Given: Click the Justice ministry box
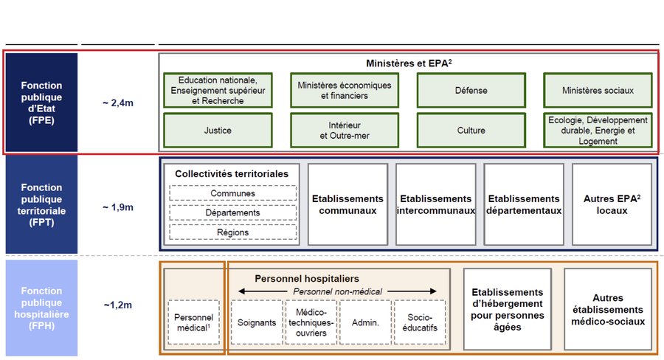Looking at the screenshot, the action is point(218,131).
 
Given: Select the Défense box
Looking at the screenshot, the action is point(471,90).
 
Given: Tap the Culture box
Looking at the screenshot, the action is point(471,131).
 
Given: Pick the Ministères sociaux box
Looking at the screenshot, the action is point(598,90).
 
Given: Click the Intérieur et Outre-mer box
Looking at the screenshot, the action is point(345,131).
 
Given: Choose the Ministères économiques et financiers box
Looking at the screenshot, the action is point(345,90).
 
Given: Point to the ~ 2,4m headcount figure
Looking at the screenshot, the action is point(118,103).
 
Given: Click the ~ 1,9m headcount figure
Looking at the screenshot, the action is point(118,207).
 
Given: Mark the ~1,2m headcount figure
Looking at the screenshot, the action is point(118,305).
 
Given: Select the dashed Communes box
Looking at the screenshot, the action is point(233,193).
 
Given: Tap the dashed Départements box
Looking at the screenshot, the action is point(233,212).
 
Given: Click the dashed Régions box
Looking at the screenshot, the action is point(233,232).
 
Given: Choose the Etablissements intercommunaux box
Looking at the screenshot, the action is point(436,204).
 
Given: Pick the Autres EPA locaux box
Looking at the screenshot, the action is point(612,204).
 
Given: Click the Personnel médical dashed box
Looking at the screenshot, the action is point(193,322).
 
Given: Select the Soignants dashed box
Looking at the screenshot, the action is point(257,322).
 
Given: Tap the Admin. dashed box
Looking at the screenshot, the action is point(365,322).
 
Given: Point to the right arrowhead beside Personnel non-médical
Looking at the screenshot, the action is point(433,291).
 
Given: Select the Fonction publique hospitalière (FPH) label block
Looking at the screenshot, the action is point(41,308).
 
